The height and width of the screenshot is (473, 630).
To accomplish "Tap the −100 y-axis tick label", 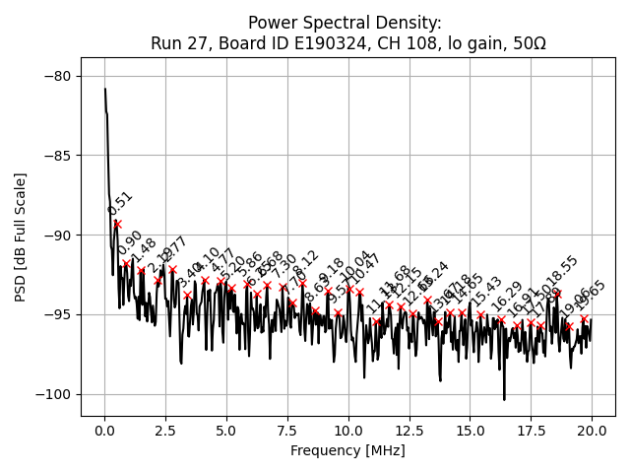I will point(55,394).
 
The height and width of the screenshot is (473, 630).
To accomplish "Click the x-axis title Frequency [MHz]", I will point(347,450).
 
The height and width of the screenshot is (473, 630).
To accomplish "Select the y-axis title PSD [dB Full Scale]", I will point(20,236).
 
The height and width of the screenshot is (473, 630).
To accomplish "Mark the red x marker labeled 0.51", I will point(117,224).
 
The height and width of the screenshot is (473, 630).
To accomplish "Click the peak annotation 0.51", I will point(120,203).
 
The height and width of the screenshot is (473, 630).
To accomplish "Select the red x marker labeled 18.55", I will point(556,293).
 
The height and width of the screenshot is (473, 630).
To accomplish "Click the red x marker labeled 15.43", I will point(480,315).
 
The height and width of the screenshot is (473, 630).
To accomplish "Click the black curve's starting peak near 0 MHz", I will point(105,90).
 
